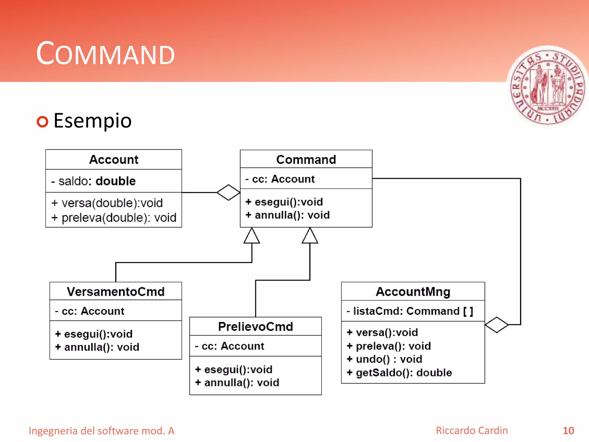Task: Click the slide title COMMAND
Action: point(105,54)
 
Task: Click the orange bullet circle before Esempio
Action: point(43,121)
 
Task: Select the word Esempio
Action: point(92,121)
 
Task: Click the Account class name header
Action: point(114,159)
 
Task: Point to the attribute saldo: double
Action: point(93,181)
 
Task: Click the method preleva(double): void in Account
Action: point(114,218)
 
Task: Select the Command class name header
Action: point(306,159)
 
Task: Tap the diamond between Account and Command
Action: point(228,192)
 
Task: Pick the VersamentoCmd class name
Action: point(116,292)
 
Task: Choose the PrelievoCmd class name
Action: point(255,327)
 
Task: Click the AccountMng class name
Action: point(413,292)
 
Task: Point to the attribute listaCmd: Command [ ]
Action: point(410,311)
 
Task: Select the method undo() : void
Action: point(385,359)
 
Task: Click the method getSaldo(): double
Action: point(399,373)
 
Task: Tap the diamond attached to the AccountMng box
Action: point(496,325)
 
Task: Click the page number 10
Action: point(568,430)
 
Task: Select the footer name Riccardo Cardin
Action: point(472,430)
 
